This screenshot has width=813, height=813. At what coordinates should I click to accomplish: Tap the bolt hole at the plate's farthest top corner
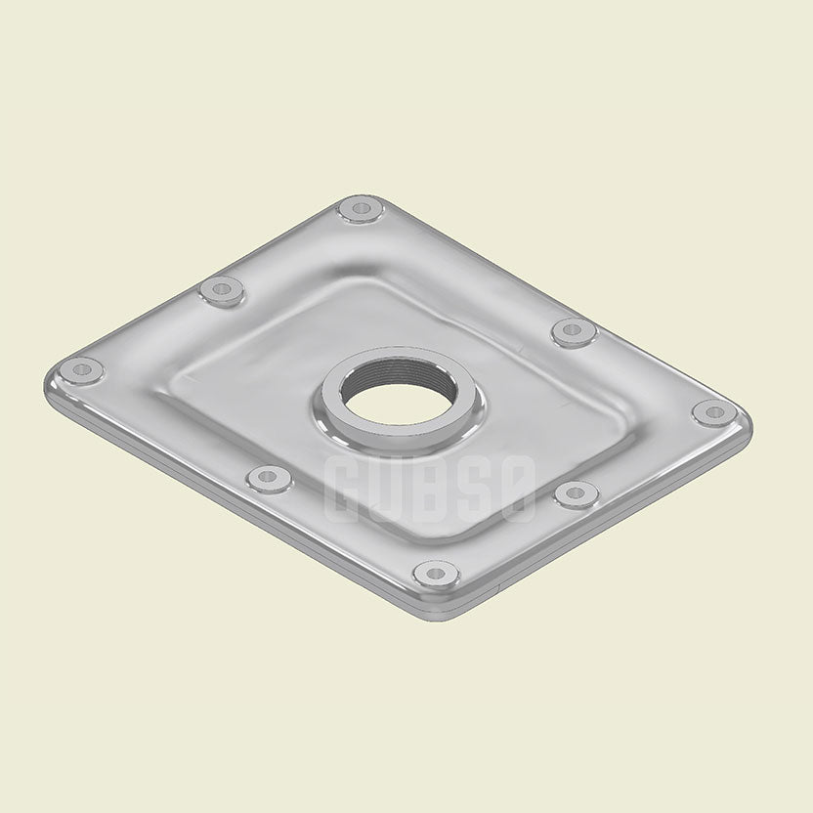pos(361,208)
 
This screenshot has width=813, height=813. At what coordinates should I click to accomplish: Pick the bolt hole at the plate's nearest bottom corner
pos(435,573)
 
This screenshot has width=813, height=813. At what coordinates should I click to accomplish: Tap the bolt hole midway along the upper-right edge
pos(573,330)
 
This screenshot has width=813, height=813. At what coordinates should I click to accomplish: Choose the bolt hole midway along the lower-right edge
pos(576,493)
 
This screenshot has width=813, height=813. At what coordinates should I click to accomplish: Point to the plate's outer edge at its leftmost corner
pos(45,383)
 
